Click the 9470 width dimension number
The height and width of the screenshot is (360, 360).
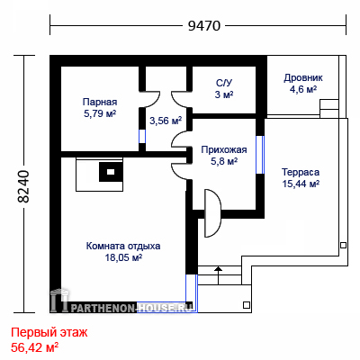click(204, 26)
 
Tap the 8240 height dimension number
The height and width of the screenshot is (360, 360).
click(23, 186)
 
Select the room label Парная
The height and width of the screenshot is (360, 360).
click(100, 102)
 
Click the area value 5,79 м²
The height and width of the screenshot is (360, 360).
click(100, 113)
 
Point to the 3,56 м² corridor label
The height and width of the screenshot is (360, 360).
click(166, 121)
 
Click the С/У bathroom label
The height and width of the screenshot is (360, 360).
click(224, 83)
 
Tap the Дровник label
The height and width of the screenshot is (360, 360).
click(303, 78)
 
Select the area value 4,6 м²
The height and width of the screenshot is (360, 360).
click(303, 90)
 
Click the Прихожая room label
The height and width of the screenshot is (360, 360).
click(224, 149)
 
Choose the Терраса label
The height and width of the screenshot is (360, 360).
click(301, 172)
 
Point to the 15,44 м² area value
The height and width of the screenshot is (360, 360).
click(301, 184)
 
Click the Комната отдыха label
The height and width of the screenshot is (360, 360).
click(123, 246)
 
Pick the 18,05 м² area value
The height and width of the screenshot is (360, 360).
click(123, 257)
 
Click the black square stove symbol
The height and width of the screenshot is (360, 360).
click(111, 172)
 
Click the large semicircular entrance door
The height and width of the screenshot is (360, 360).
click(212, 213)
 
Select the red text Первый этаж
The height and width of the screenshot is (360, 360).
click(49, 333)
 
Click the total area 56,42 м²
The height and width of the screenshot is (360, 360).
click(34, 347)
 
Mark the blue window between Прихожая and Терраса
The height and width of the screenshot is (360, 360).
click(260, 155)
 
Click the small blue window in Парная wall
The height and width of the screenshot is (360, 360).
click(142, 137)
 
